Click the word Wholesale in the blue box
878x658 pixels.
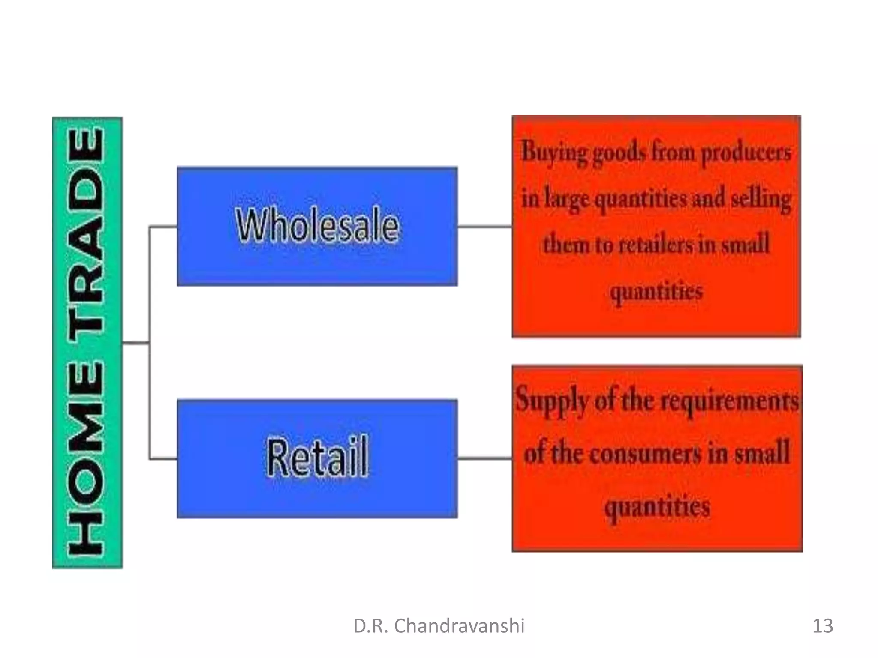coord(317,226)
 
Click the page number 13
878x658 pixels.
coord(822,626)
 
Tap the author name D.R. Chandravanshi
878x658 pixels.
coord(439,626)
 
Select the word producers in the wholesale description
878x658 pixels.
coord(746,153)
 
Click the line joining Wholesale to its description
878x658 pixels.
coord(484,226)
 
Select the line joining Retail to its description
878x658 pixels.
coord(484,458)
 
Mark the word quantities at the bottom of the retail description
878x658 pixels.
coord(657,506)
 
